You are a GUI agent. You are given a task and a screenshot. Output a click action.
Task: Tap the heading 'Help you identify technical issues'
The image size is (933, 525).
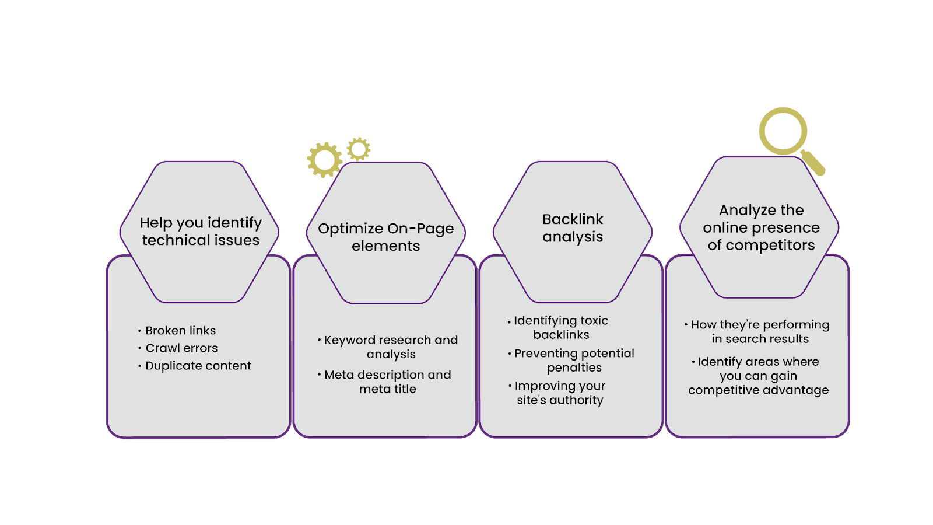pyautogui.click(x=201, y=231)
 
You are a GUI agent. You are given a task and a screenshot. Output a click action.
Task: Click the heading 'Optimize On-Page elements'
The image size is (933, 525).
pyautogui.click(x=385, y=237)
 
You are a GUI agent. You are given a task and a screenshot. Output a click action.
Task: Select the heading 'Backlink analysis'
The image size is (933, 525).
pyautogui.click(x=573, y=228)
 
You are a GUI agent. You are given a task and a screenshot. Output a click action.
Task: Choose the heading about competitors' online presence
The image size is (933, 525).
pyautogui.click(x=762, y=228)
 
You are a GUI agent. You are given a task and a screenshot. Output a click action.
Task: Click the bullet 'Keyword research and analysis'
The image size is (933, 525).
pyautogui.click(x=387, y=347)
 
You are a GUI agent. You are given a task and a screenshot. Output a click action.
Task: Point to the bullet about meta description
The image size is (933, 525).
pyautogui.click(x=384, y=381)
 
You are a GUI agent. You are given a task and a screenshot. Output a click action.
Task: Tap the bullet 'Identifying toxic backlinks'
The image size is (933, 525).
pyautogui.click(x=558, y=327)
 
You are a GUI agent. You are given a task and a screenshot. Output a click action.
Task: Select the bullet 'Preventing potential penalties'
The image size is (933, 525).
pyautogui.click(x=571, y=360)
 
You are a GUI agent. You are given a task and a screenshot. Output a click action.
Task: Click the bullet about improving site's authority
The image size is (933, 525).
pyautogui.click(x=557, y=393)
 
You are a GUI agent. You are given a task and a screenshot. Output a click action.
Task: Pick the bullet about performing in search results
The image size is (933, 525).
pyautogui.click(x=757, y=332)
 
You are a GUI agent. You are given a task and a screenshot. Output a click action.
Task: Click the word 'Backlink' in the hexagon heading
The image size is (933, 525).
pyautogui.click(x=573, y=219)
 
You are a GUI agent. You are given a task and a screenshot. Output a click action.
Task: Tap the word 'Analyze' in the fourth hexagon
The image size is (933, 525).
pyautogui.click(x=741, y=211)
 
